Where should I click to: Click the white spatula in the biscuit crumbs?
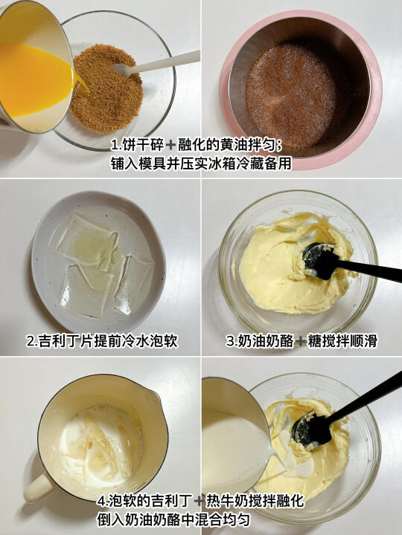(x=156, y=65)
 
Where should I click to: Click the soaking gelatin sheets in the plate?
(x=106, y=265)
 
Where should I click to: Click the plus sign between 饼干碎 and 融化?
(x=170, y=146)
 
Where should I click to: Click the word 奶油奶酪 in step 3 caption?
(x=265, y=341)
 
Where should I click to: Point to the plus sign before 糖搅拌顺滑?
(x=301, y=341)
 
